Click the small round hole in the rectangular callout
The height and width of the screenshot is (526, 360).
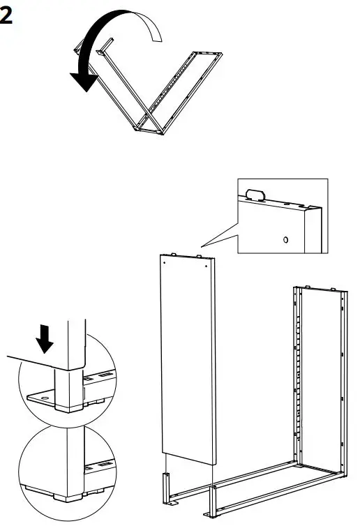pos(284,239)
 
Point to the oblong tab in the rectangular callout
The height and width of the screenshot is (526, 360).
pos(255,194)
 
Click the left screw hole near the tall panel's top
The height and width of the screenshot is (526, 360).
pos(164,264)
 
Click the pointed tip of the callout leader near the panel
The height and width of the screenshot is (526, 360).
pos(200,245)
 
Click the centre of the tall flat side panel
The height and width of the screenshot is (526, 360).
pos(186,359)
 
